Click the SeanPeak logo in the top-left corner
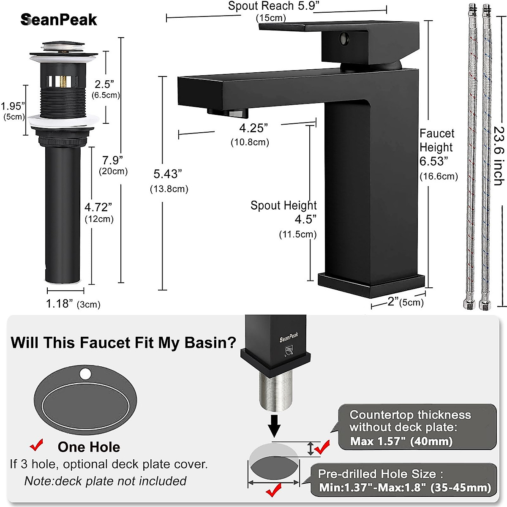[59, 20]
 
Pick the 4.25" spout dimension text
[253, 128]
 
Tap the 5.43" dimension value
[167, 174]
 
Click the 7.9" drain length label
[112, 161]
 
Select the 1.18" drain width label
[60, 304]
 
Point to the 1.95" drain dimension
[13, 106]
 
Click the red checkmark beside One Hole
[37, 445]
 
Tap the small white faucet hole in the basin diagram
[85, 373]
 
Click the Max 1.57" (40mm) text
[401, 442]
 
